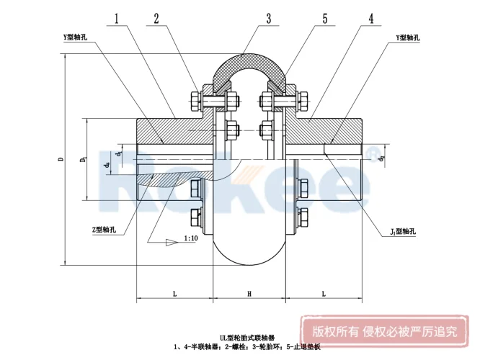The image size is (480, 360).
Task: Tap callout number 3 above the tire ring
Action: point(268,19)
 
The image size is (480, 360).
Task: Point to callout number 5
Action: point(325,20)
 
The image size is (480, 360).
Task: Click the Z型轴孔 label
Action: point(105,230)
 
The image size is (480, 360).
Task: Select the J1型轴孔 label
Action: point(401,231)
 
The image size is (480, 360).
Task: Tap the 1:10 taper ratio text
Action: point(192,238)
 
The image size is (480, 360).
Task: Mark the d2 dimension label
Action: point(382,156)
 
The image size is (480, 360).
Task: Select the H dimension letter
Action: point(249,294)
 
